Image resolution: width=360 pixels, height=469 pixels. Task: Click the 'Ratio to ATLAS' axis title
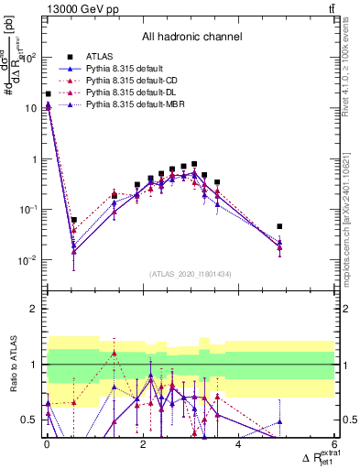pos(13,365)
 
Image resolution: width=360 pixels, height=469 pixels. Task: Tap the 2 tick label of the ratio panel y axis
pos(31,309)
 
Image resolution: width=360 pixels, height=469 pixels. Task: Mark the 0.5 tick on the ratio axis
pos(27,420)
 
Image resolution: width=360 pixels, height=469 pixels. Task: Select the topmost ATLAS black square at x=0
pos(48,94)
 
